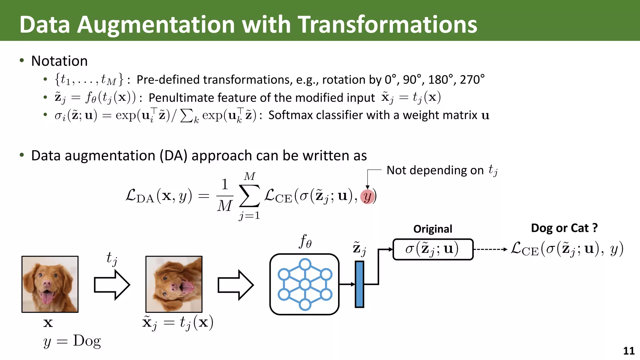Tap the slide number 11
629,351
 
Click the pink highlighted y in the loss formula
367,197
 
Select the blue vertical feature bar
359,284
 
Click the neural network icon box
304,284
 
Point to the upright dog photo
50,284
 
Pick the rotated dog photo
174,284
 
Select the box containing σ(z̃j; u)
433,249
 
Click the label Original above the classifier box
433,229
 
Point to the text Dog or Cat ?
564,228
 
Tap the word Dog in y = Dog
87,341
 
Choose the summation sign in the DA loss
249,196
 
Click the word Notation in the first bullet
59,61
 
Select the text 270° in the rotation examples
472,80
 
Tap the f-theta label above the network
305,241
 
